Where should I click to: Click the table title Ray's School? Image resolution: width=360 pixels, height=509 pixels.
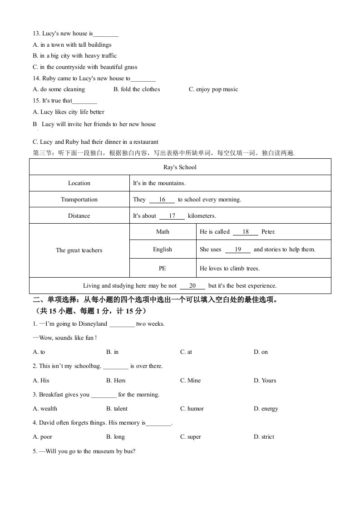[x=180, y=167]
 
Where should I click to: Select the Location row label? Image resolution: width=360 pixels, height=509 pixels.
[x=79, y=183]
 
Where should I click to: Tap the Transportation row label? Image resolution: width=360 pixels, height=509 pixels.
[x=79, y=200]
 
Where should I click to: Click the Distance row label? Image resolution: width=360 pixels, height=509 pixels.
[x=79, y=216]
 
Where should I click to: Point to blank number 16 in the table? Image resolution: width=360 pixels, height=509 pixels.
[x=162, y=200]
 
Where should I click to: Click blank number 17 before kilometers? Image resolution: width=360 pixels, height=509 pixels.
[x=172, y=216]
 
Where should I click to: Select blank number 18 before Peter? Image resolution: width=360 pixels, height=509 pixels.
[x=246, y=232]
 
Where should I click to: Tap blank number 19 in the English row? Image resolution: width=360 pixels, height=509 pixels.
[x=237, y=250]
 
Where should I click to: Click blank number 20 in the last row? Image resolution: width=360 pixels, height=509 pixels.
[x=192, y=286]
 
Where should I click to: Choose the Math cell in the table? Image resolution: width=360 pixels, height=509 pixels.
[x=163, y=232]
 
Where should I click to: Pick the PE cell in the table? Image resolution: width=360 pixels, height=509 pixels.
[x=163, y=269]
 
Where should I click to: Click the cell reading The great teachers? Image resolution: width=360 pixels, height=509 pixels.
[x=79, y=250]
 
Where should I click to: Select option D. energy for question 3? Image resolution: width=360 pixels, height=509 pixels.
[x=266, y=409]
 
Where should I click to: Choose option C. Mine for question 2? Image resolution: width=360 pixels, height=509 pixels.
[x=190, y=381]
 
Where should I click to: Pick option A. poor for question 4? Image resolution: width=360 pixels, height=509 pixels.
[x=43, y=437]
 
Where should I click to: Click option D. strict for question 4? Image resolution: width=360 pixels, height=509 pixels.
[x=264, y=437]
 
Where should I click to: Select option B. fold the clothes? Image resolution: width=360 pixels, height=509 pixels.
[x=137, y=89]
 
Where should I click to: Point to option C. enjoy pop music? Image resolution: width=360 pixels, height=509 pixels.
[x=213, y=89]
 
